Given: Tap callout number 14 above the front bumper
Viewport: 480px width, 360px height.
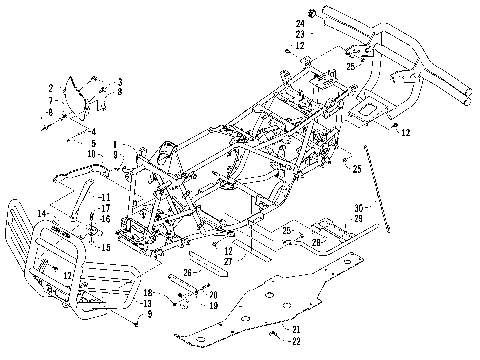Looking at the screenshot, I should [x=41, y=213].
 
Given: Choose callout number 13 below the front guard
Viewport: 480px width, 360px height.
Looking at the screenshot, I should [x=146, y=303].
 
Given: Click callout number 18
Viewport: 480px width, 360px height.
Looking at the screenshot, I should [x=146, y=290].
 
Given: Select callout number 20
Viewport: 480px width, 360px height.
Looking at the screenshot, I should [x=213, y=294].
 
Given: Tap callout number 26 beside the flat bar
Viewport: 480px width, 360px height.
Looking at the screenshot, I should [x=187, y=270].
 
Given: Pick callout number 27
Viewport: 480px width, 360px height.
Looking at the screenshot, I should [x=229, y=260].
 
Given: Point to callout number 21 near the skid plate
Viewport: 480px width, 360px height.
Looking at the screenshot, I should [x=295, y=329].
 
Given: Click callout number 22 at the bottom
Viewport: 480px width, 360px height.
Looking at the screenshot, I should [x=295, y=341].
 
